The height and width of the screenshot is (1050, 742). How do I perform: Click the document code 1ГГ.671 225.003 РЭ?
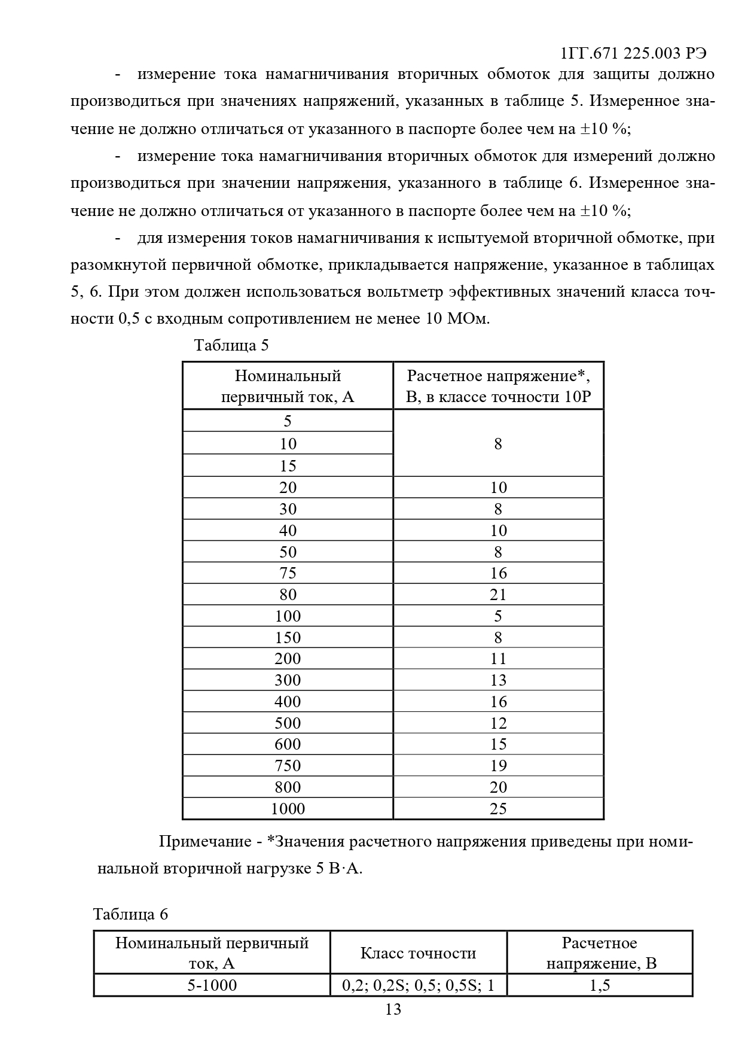coord(634,53)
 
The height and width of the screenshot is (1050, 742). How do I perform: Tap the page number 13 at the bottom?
coord(393,1009)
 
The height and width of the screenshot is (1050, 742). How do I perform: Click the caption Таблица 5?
coord(231,345)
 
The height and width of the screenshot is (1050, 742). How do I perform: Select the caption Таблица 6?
coord(131,914)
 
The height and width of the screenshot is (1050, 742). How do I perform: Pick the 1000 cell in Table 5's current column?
coord(288,809)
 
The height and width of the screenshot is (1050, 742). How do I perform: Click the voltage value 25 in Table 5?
coord(498,809)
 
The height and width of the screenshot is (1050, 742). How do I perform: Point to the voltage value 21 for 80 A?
coord(498,595)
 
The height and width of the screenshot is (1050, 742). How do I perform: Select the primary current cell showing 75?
coord(288,573)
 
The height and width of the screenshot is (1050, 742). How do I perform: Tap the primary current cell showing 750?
coord(288,766)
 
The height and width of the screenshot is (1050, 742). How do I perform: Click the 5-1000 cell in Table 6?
coord(212,985)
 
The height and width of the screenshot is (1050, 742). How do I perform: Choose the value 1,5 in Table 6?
coord(600,985)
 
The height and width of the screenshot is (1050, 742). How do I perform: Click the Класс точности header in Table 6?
coord(419,953)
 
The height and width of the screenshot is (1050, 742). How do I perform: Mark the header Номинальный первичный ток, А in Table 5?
coord(288,386)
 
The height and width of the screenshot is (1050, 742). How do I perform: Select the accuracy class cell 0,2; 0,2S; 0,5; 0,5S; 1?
coord(419,985)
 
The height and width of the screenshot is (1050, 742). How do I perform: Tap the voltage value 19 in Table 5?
coord(498,766)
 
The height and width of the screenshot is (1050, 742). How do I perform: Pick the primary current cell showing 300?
coord(288,680)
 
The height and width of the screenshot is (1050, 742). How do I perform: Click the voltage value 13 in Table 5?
coord(498,680)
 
